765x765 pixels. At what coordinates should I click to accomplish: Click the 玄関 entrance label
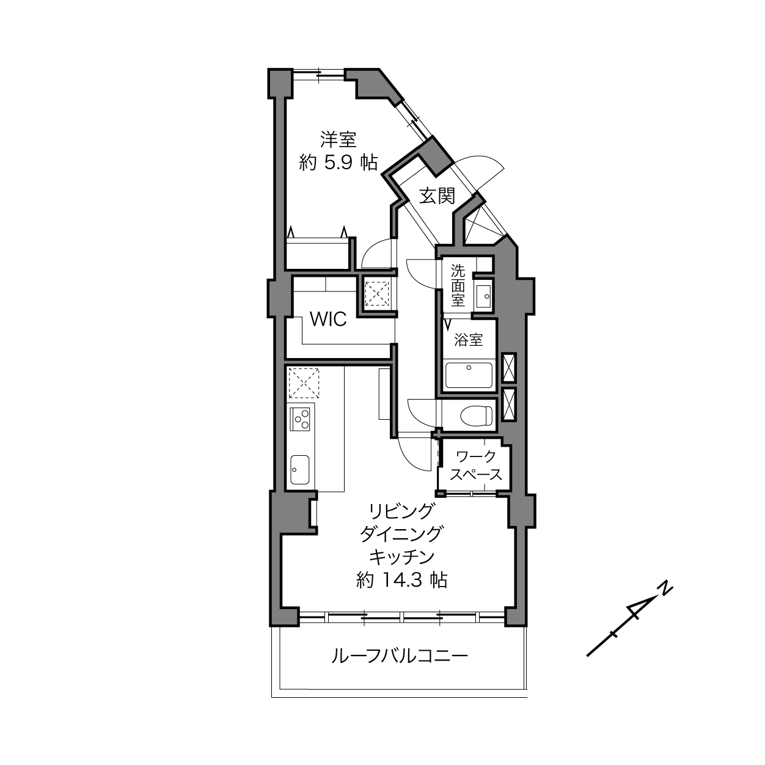[437, 196]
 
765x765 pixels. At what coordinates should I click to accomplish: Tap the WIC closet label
[328, 319]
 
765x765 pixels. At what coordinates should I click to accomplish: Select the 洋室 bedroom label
[339, 139]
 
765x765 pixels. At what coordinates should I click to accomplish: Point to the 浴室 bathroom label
[469, 340]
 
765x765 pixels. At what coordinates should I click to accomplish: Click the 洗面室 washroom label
[458, 285]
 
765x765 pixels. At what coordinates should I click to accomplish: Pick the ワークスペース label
[476, 465]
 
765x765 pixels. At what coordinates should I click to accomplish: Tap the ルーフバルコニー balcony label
[400, 656]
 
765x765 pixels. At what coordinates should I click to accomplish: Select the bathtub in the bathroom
[469, 375]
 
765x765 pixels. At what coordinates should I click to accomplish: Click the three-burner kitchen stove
[300, 419]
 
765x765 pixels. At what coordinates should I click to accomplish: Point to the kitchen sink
[300, 469]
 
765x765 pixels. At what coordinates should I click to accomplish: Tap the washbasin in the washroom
[483, 296]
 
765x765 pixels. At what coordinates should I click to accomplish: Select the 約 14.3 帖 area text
[402, 580]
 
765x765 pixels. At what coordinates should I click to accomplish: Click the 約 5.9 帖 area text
[339, 163]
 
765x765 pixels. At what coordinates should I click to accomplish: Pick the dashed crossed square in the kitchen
[304, 382]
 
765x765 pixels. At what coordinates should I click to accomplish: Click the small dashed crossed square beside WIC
[377, 294]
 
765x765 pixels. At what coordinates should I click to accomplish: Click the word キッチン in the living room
[402, 557]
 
